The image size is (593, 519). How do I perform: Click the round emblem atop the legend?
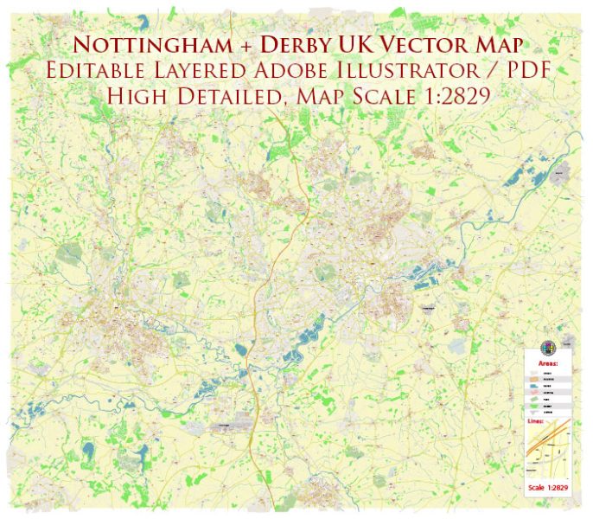pyautogui.click(x=548, y=348)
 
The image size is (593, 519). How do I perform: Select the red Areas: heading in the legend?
pyautogui.click(x=548, y=363)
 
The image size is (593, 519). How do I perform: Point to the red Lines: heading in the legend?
pyautogui.click(x=535, y=421)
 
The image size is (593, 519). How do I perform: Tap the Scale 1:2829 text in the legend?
pyautogui.click(x=548, y=488)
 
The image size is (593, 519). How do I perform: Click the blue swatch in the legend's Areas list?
pyautogui.click(x=532, y=386)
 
